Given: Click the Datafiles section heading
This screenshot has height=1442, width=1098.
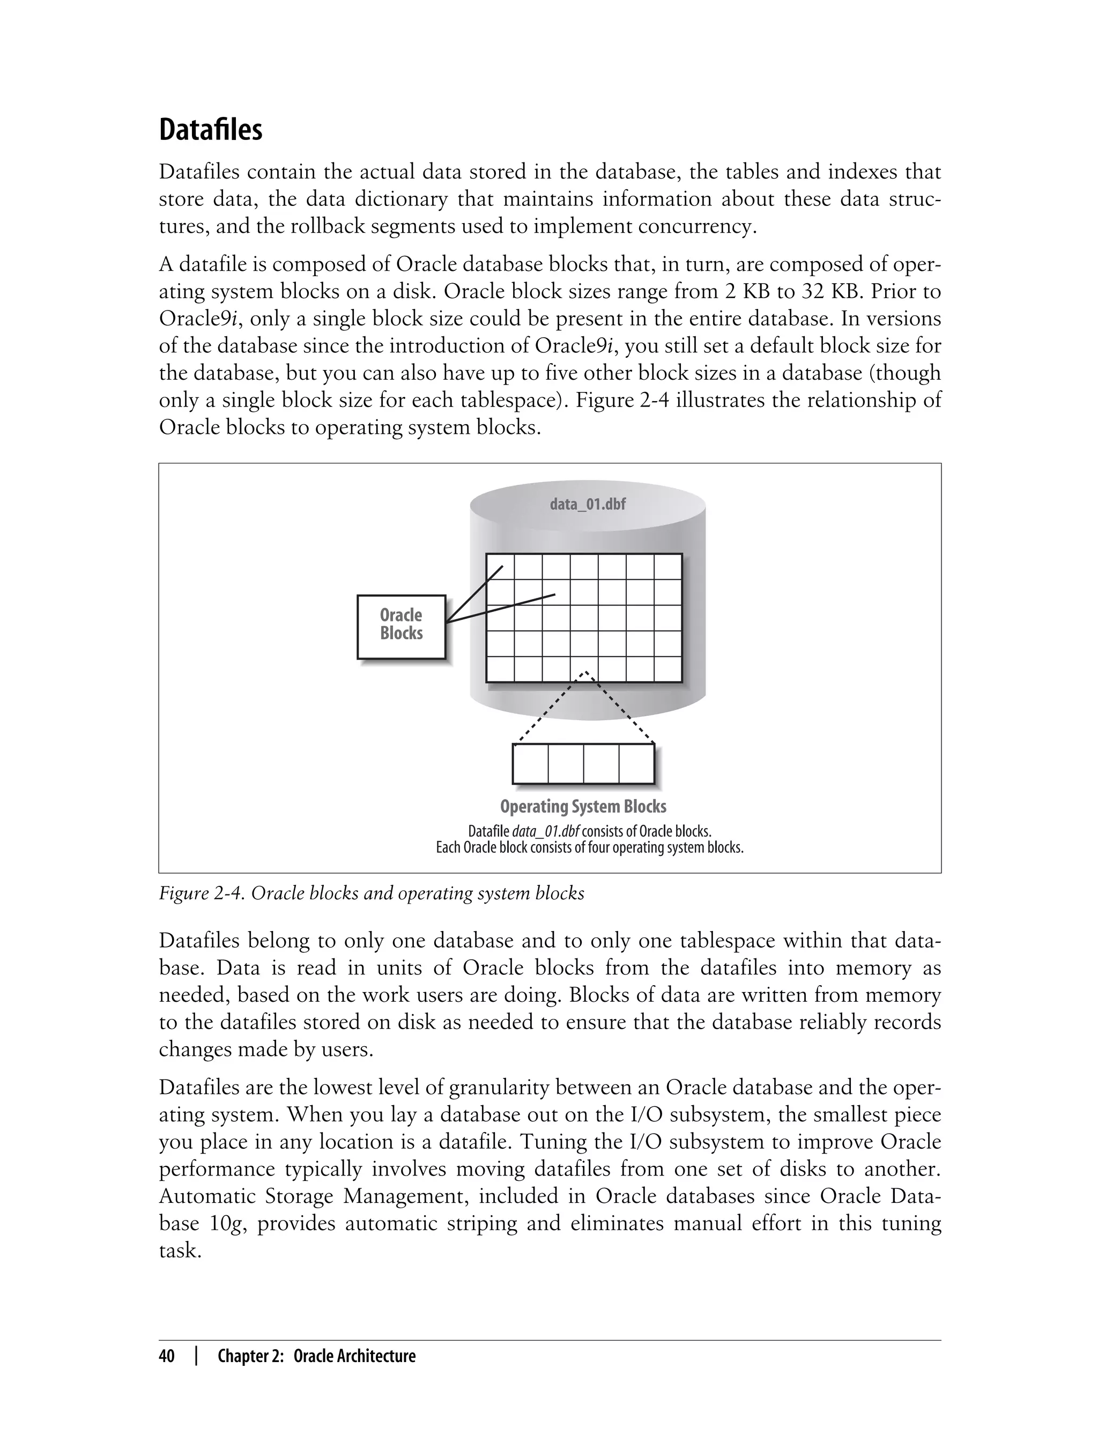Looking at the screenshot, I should pos(211,130).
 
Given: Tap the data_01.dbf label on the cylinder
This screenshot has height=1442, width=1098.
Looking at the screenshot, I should pos(588,504).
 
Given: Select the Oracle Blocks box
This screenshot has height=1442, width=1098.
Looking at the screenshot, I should pos(401,626).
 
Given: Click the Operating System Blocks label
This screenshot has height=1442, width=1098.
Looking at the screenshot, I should pos(583,806).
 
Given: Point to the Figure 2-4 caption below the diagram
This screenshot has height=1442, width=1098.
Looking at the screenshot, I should pos(371,893).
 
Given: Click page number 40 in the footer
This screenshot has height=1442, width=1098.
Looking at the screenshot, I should pos(167,1356).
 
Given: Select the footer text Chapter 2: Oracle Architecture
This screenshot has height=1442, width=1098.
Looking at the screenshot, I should pos(316,1356).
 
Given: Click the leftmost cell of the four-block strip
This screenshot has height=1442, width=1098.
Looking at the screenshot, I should pos(530,764).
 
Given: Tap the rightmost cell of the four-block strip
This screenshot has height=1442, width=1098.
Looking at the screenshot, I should pos(636,764).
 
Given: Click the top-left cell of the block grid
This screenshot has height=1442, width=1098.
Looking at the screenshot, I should pos(501,567).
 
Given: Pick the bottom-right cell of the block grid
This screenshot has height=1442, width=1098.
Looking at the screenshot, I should pos(667,669).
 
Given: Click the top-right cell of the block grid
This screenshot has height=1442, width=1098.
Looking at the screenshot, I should pos(667,567).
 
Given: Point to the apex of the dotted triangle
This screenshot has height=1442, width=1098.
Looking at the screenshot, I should pos(585,672).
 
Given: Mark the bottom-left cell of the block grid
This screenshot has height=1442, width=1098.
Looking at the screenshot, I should pos(501,669).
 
